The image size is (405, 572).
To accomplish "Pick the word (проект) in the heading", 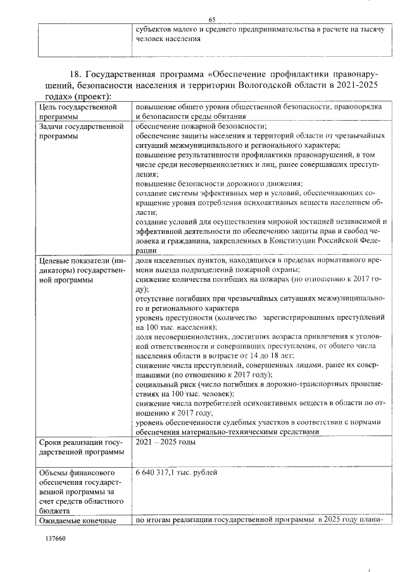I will [x=94, y=97].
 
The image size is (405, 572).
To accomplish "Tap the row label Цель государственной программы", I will [x=78, y=112].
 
